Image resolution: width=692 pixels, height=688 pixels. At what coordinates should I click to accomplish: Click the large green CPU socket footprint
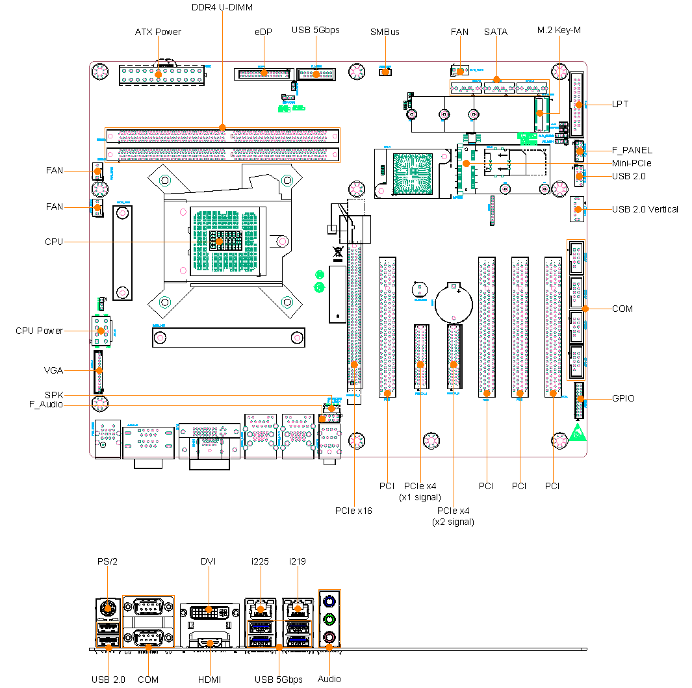225,241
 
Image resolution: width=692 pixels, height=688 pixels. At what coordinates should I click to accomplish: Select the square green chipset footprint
412,173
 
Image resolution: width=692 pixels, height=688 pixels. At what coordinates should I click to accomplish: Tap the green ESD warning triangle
577,433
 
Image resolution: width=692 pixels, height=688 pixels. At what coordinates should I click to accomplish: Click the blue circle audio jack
329,602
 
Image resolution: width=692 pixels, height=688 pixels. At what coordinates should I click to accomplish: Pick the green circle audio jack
329,619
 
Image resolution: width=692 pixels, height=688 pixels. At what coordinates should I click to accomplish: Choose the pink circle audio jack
329,637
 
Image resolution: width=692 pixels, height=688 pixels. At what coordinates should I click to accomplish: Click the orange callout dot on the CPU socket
219,242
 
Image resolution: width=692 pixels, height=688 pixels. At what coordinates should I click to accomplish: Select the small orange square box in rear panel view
108,634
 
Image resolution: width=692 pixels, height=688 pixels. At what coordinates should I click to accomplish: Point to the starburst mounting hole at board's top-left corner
99,71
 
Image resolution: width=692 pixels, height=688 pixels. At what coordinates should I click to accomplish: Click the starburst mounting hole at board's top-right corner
559,71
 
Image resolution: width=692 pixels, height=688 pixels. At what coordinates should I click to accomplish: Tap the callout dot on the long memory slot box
222,127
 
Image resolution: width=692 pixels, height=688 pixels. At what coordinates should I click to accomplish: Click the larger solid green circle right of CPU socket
319,287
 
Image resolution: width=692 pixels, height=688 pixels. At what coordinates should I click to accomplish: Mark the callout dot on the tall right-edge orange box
585,309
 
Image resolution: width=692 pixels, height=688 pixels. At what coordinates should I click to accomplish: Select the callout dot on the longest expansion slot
354,364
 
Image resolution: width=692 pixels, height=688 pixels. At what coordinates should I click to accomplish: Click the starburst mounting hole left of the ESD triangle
559,441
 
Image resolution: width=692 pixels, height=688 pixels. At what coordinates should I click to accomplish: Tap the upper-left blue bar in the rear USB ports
261,627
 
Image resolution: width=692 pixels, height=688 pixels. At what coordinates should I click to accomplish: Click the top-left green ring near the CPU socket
165,180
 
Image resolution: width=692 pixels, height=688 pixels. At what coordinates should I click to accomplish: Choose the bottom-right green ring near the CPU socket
287,302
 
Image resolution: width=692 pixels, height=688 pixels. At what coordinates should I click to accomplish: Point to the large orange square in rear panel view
148,621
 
